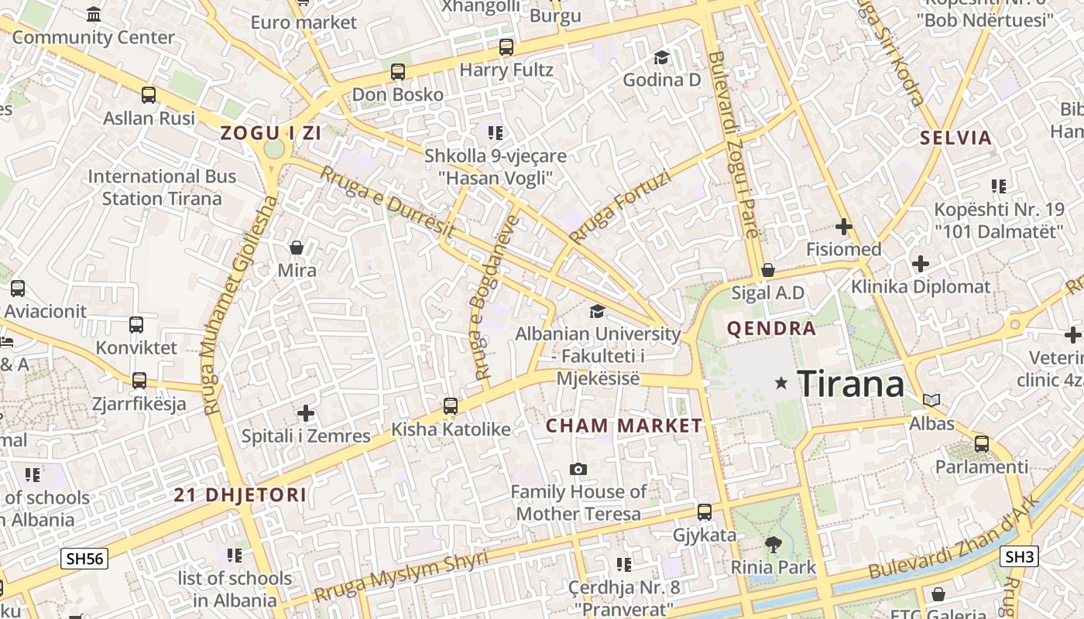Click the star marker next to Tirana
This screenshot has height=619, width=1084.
(781, 382)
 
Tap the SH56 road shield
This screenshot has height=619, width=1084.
(84, 559)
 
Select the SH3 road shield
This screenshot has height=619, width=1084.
(1020, 556)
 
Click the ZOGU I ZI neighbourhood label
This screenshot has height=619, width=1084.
(270, 132)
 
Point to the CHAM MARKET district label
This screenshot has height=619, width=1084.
(624, 426)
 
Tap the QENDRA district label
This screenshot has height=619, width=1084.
(771, 328)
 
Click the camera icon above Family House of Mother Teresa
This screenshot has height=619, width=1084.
(578, 469)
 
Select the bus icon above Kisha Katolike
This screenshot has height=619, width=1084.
(450, 405)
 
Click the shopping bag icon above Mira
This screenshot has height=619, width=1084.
(296, 248)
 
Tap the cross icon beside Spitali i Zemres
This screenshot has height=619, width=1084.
(306, 413)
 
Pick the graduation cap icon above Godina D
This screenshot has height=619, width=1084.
(661, 57)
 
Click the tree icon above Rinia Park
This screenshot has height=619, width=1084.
(773, 544)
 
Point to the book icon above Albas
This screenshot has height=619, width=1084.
(931, 401)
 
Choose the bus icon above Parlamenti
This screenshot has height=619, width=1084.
(982, 444)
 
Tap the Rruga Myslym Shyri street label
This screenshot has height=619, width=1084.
(401, 576)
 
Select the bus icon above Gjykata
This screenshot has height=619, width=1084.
(705, 511)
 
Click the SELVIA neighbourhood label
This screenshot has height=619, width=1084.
(955, 139)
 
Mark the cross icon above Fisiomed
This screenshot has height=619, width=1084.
(844, 227)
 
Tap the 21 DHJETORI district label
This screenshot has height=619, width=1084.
(240, 495)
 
